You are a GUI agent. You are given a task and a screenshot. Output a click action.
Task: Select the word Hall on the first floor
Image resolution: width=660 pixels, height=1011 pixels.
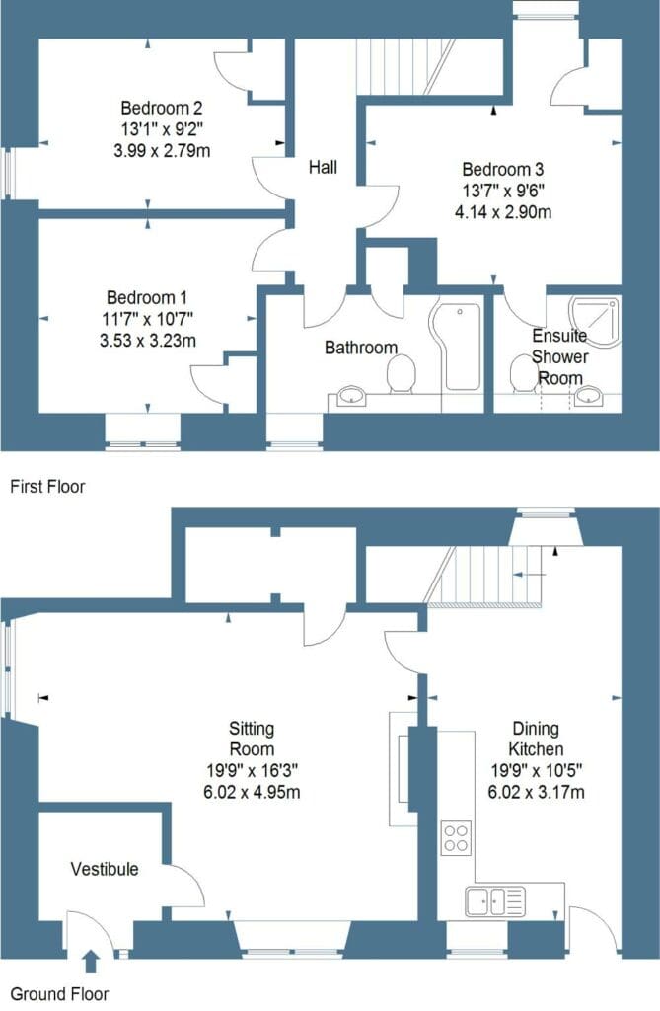pos(323,168)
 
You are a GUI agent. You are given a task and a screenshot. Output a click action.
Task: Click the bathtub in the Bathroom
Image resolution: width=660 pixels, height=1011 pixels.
pos(460,348)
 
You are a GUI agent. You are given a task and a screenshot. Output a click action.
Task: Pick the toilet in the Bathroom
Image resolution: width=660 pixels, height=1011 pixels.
pos(400,374)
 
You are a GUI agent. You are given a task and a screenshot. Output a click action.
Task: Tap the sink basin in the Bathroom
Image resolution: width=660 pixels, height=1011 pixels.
pos(349,397)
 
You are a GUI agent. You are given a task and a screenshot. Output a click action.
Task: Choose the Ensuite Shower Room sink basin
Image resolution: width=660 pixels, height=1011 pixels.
pos(589,397)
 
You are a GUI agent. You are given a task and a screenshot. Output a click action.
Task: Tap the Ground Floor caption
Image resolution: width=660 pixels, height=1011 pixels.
pos(59,994)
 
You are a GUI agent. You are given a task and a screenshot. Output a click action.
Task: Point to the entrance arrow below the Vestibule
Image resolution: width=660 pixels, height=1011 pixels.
pos(91,959)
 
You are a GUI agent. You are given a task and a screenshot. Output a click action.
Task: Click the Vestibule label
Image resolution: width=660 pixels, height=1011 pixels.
pos(105,870)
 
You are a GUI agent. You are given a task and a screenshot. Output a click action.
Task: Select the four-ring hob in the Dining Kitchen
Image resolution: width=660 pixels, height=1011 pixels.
pos(455,837)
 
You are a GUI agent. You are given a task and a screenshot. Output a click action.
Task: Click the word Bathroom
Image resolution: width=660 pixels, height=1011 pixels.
pos(361,348)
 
